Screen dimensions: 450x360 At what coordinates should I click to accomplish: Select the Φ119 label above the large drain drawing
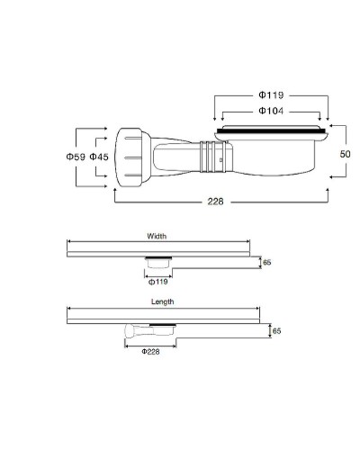[271, 93]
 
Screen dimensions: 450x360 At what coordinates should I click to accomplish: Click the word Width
[157, 236]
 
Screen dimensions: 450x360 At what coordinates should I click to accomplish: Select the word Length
[162, 301]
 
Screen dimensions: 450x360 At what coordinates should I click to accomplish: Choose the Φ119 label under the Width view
[157, 281]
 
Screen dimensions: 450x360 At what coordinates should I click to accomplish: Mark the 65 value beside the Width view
[266, 264]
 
